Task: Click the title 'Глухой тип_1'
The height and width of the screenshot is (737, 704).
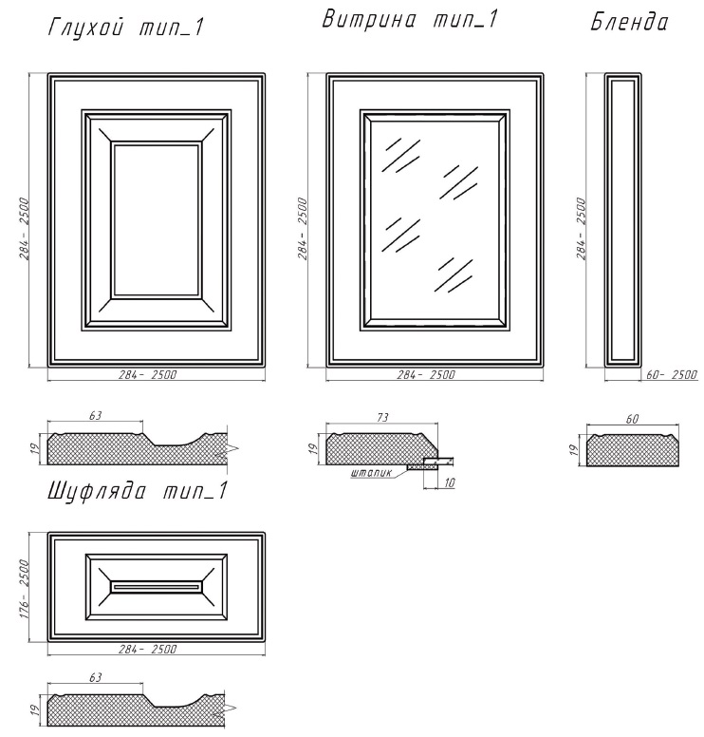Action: [x=126, y=28]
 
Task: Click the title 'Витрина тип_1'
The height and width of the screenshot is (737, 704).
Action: [x=409, y=20]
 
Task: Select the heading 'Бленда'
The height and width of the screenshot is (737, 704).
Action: [x=629, y=22]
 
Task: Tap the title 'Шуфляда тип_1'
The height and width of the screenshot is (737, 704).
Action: [x=138, y=492]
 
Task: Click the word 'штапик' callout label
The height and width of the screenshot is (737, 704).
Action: [x=371, y=473]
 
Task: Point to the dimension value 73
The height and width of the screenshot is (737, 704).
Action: [x=382, y=417]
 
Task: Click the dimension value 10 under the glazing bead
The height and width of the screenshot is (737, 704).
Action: [x=449, y=482]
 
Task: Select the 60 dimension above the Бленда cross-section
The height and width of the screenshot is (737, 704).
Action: [x=633, y=418]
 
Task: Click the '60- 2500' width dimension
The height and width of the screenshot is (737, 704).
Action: [x=672, y=374]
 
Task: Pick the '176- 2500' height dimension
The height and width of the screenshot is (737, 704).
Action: [x=24, y=589]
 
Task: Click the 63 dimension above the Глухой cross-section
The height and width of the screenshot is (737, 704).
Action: [x=95, y=415]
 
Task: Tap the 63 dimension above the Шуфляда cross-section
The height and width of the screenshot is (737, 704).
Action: [x=95, y=677]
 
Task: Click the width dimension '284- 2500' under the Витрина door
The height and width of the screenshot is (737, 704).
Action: [x=426, y=374]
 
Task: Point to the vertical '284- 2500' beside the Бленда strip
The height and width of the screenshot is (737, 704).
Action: [x=582, y=229]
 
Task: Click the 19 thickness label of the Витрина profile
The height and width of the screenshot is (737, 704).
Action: [x=315, y=448]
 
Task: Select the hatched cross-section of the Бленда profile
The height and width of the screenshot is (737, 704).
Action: [x=633, y=450]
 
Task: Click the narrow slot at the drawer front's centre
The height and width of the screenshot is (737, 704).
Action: [x=157, y=587]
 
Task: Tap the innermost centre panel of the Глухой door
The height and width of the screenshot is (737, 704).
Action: [x=157, y=220]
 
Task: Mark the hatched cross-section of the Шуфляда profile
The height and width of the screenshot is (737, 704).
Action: [x=137, y=709]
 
